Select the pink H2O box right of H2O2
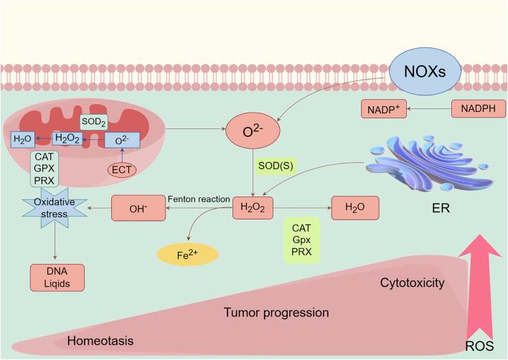point(354,209)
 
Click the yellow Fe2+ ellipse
point(189,254)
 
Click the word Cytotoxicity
point(413,283)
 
